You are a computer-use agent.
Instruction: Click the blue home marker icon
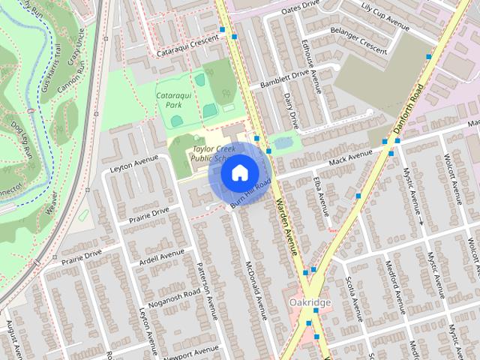[238, 173]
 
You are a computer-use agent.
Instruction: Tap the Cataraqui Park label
[173, 100]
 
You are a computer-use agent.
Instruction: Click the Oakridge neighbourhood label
[308, 301]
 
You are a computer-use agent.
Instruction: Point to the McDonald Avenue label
[256, 289]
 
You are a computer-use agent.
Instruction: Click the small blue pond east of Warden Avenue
[283, 142]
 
